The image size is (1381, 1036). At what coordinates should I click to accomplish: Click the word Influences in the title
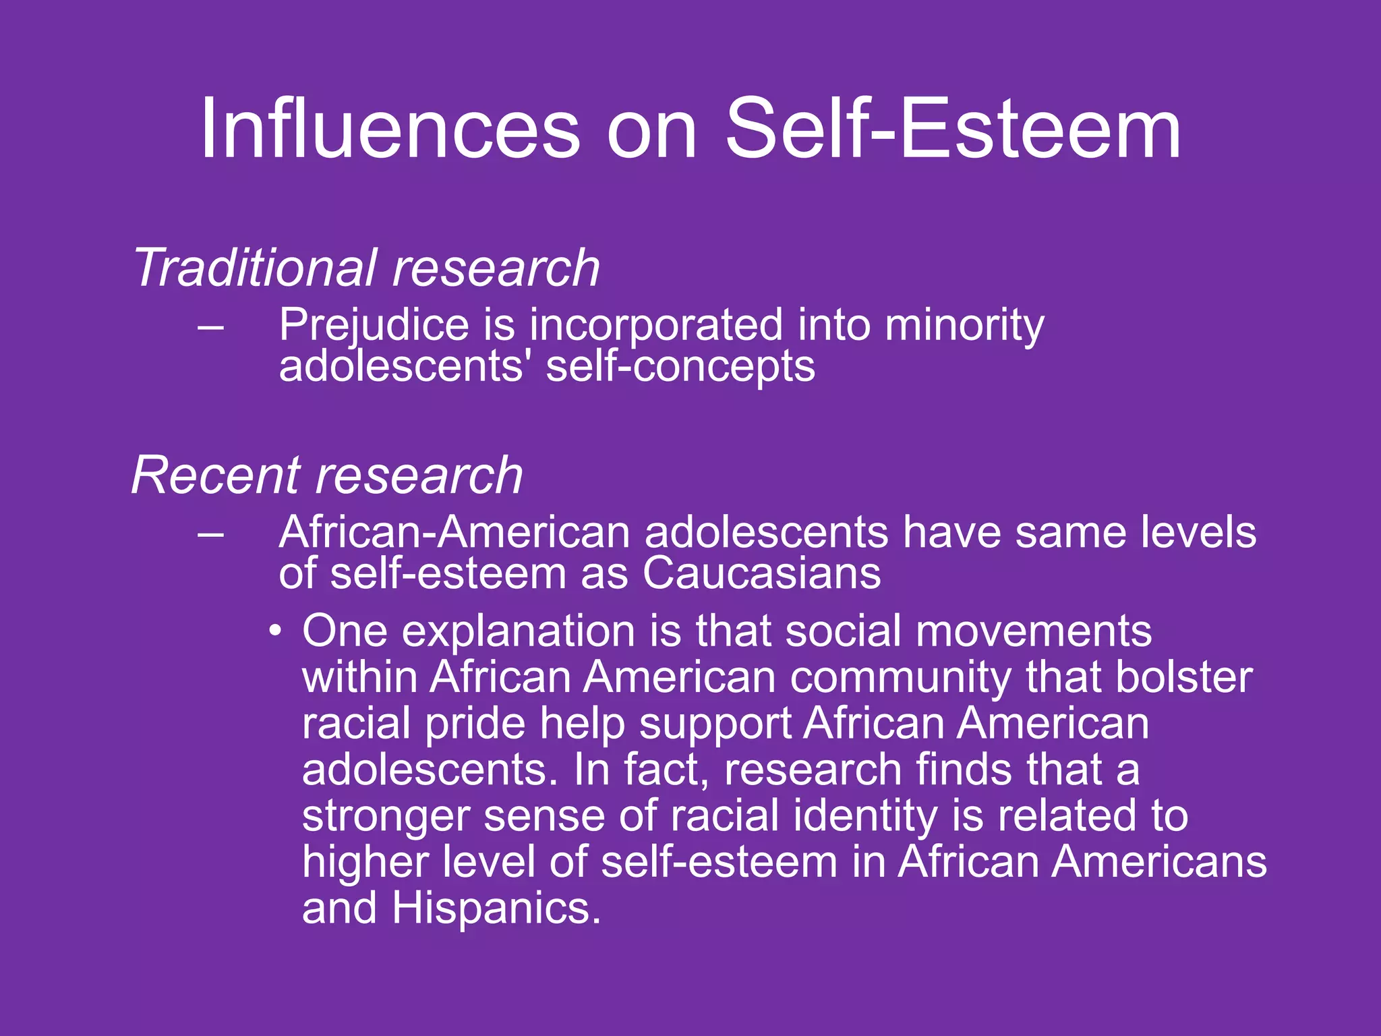pyautogui.click(x=390, y=128)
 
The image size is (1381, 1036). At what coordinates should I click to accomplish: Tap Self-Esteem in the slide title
pyautogui.click(x=952, y=128)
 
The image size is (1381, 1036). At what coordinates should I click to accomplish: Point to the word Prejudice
pyautogui.click(x=374, y=326)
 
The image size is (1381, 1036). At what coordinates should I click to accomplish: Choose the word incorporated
pyautogui.click(x=655, y=324)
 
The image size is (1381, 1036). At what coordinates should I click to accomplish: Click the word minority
pyautogui.click(x=964, y=326)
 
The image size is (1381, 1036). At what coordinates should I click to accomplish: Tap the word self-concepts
pyautogui.click(x=680, y=368)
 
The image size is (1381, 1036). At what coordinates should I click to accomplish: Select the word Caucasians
pyautogui.click(x=761, y=574)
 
